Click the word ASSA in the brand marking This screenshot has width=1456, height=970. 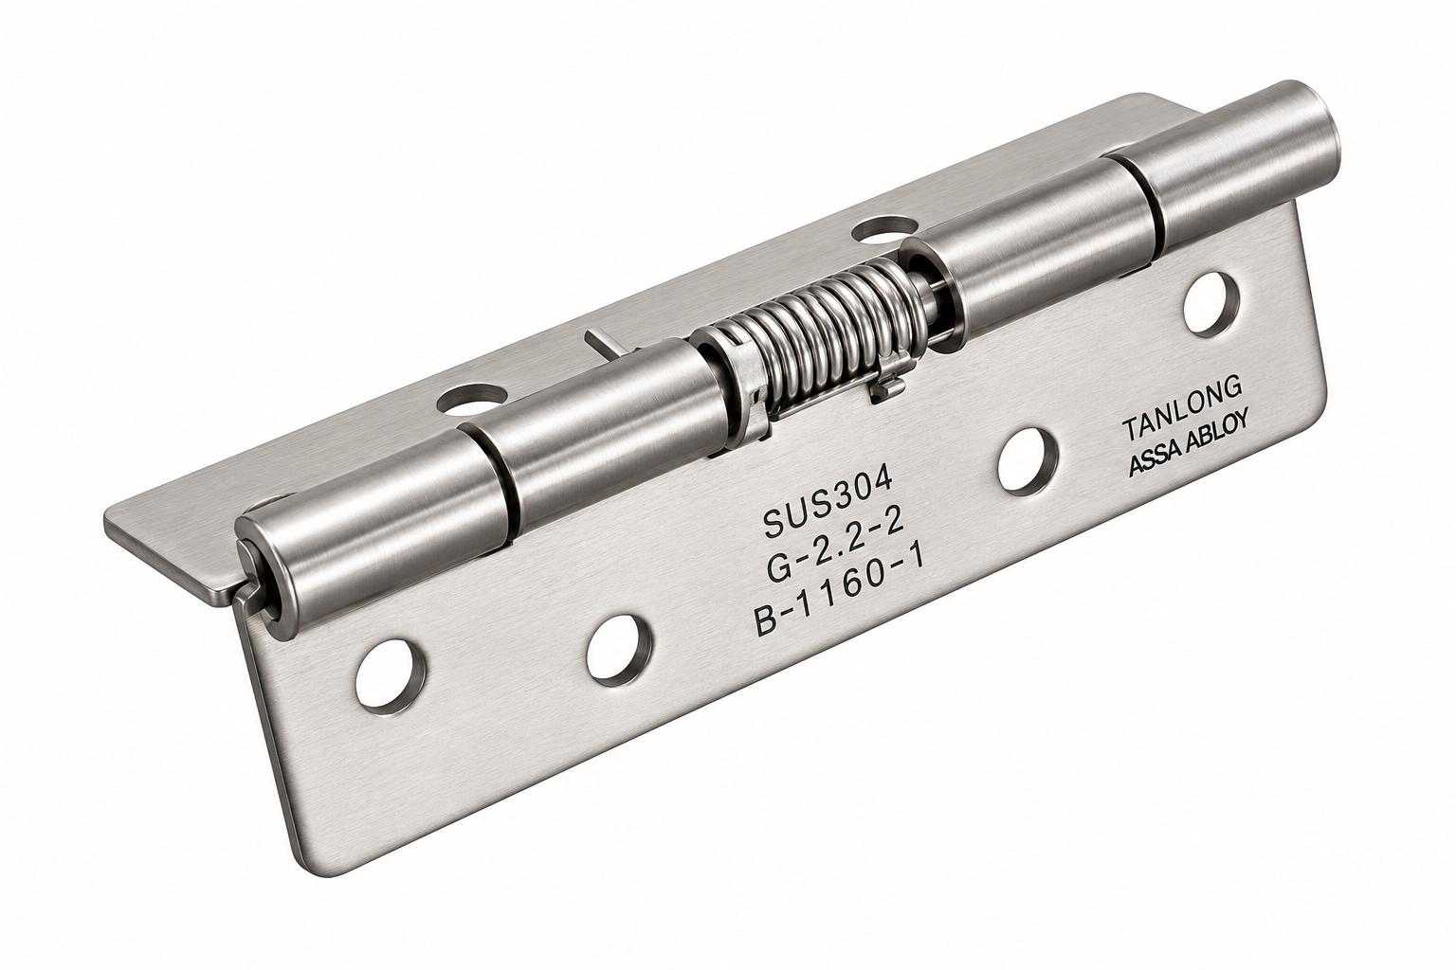pyautogui.click(x=1157, y=460)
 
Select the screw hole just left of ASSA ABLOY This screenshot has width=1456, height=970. pyautogui.click(x=1028, y=461)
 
